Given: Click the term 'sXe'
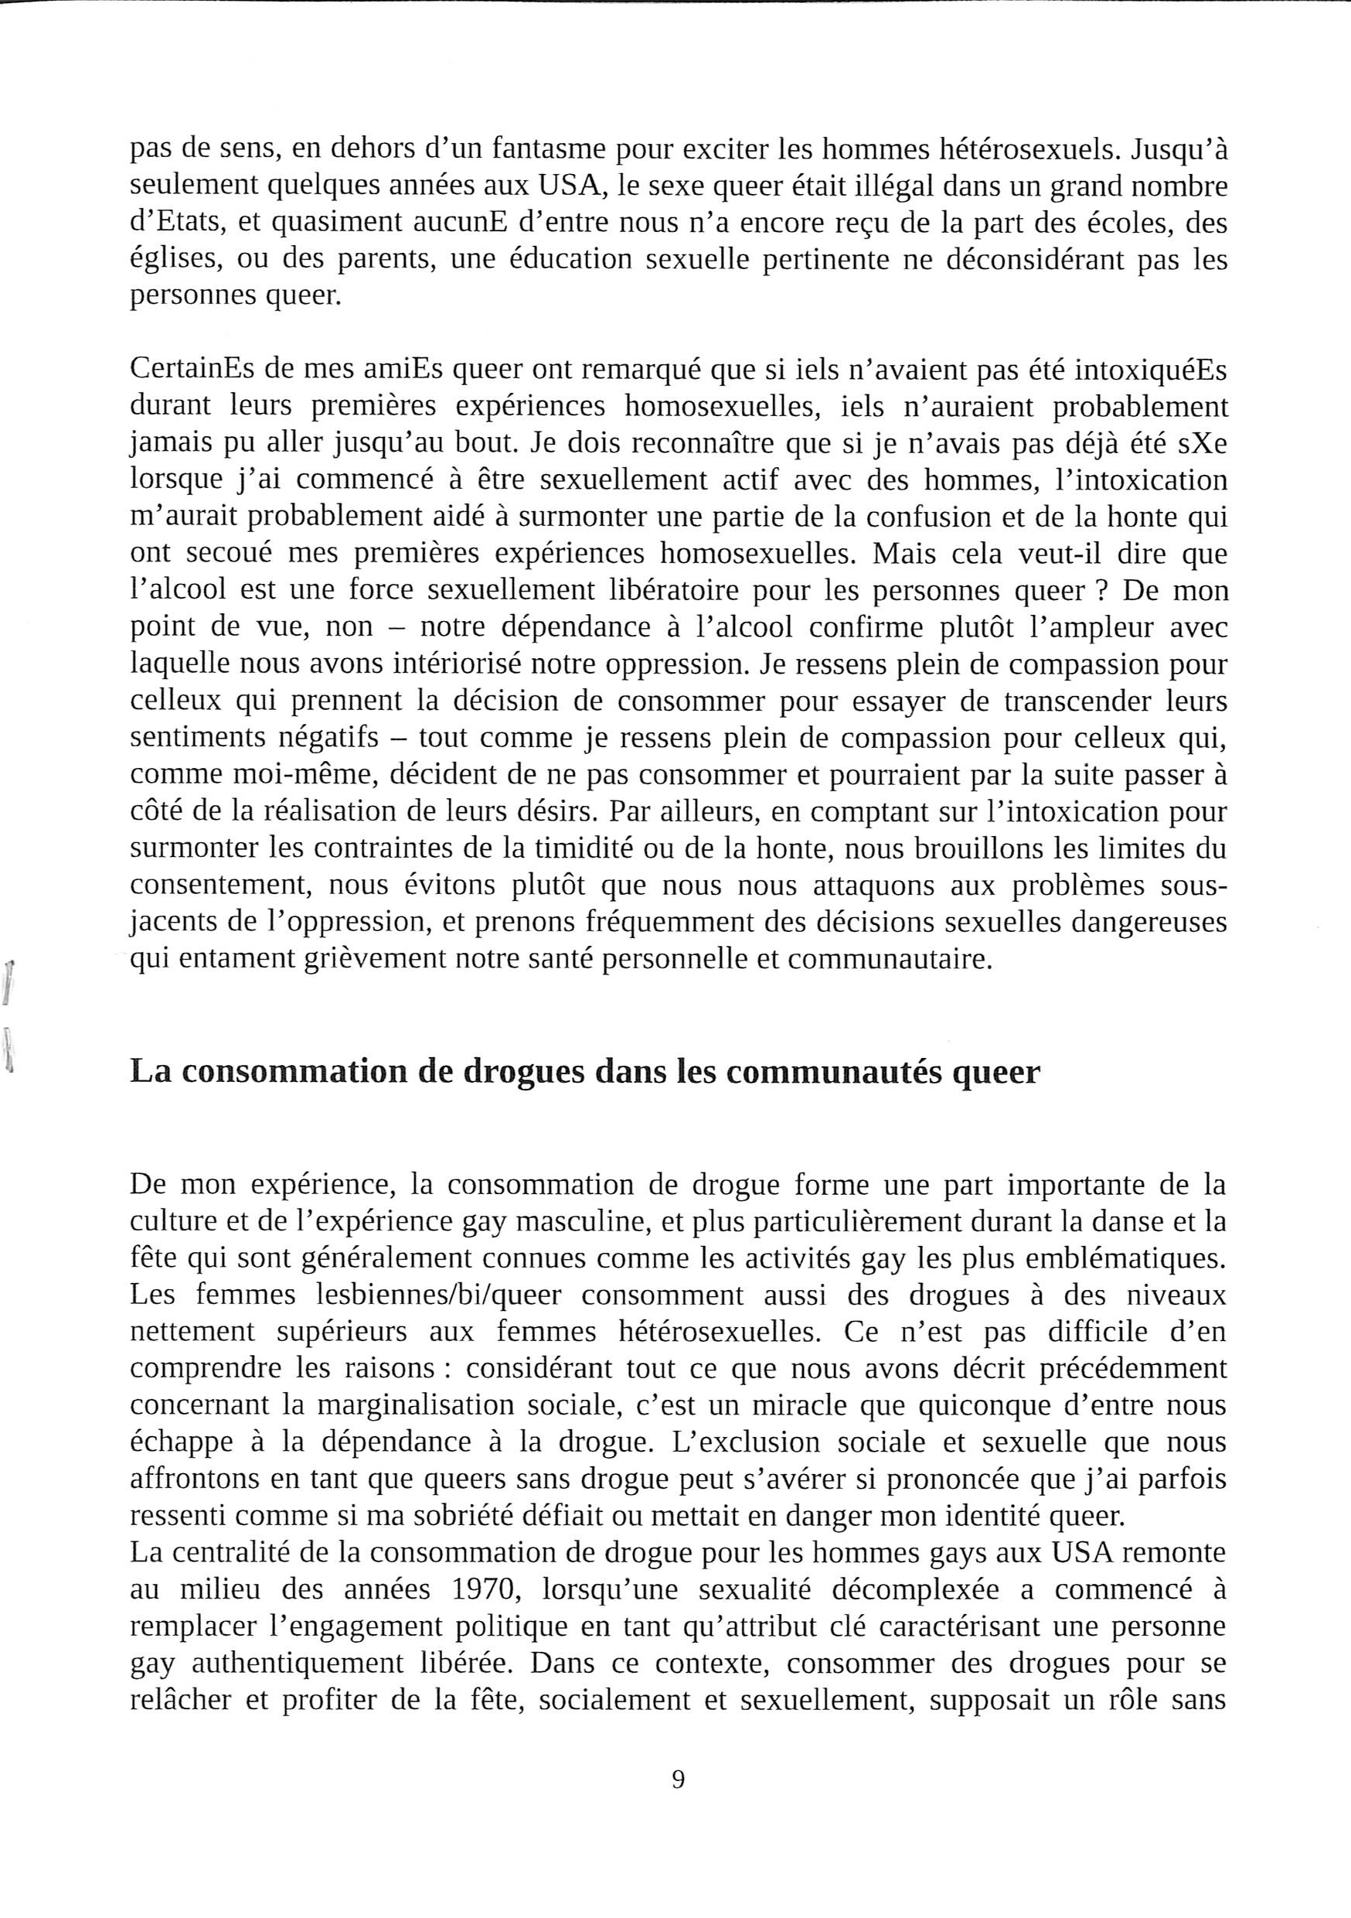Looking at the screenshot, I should click(x=1202, y=444).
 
